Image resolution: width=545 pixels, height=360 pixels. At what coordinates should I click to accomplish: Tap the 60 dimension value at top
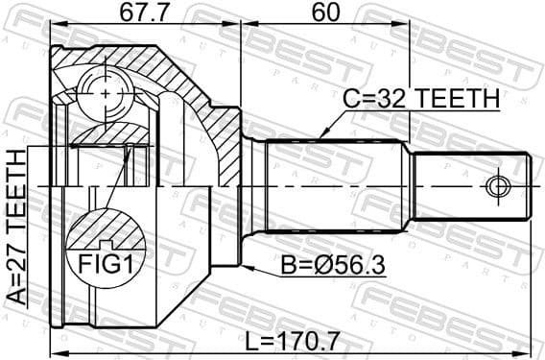(326, 14)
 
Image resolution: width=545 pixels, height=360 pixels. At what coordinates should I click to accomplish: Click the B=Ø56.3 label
(333, 261)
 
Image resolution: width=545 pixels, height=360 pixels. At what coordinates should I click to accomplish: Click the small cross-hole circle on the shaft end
(497, 184)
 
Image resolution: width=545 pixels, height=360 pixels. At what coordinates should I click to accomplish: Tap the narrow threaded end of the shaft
(470, 184)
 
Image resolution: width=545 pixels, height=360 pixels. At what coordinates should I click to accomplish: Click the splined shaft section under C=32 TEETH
(336, 184)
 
